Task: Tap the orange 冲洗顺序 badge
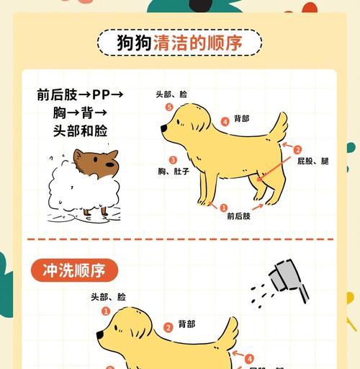pyautogui.click(x=74, y=270)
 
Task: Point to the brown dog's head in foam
pyautogui.click(x=96, y=164)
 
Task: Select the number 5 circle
pyautogui.click(x=169, y=107)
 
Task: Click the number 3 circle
pyautogui.click(x=173, y=160)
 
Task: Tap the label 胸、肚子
pyautogui.click(x=174, y=172)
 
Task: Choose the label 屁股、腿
pyautogui.click(x=312, y=161)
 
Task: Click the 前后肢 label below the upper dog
pyautogui.click(x=238, y=215)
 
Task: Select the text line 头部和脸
pyautogui.click(x=80, y=130)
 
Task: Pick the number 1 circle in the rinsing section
pyautogui.click(x=106, y=311)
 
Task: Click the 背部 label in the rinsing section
pyautogui.click(x=186, y=324)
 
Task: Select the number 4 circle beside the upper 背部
pyautogui.click(x=225, y=121)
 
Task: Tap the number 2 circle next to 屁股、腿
pyautogui.click(x=297, y=150)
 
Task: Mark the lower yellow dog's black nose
pyautogui.click(x=100, y=335)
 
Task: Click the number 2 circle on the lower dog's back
pyautogui.click(x=168, y=327)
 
